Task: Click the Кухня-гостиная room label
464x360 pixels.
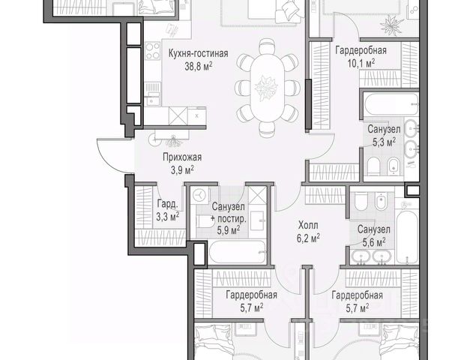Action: pos(198,53)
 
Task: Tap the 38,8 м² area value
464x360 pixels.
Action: pos(198,66)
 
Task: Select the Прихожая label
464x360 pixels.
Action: pos(182,157)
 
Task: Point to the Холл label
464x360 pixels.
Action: pos(308,226)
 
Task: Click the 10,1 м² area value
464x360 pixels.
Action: pos(361,63)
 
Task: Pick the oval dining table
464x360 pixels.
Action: pos(267,88)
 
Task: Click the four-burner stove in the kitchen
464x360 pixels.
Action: pos(153,51)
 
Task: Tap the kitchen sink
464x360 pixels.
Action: pos(152,94)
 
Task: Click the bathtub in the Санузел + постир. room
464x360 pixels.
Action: pos(238,252)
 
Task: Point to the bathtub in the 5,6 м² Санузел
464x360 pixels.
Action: pos(407,237)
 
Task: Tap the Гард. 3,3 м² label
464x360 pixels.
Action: pos(167,211)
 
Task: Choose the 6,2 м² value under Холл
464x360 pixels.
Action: pos(308,238)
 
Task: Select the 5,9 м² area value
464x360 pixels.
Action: pos(229,229)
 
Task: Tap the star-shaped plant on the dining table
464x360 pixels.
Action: pos(266,88)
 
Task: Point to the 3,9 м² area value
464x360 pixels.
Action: pos(182,169)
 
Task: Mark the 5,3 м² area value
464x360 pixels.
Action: pos(384,142)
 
